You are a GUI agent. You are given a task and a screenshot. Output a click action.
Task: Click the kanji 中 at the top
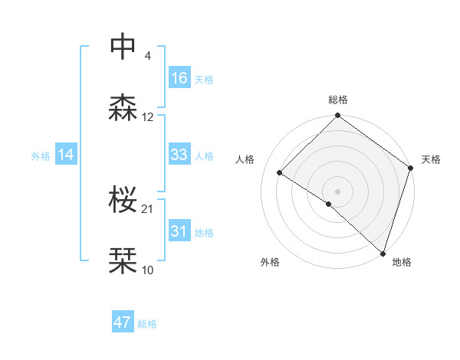[123, 47]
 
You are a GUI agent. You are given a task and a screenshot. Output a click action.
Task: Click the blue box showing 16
[179, 78]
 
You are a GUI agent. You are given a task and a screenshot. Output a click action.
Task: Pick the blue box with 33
[179, 155]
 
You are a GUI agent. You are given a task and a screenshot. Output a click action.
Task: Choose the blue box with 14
[66, 155]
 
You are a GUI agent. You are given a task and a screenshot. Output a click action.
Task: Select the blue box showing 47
[123, 322]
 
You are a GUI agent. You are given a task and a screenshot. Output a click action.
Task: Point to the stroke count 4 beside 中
[147, 55]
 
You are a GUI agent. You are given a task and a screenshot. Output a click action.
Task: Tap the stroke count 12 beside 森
[148, 117]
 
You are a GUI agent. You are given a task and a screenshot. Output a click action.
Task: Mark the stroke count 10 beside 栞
[148, 270]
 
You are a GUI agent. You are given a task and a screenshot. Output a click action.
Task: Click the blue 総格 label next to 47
[147, 324]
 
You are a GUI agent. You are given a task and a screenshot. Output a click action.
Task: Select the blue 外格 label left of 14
[41, 155]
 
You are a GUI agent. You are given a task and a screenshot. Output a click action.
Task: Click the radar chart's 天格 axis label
[431, 159]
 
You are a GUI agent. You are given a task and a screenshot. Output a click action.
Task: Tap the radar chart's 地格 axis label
[402, 262]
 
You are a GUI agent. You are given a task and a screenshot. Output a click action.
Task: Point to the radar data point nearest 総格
[337, 116]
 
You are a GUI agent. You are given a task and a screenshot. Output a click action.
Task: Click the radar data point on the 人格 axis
[281, 173]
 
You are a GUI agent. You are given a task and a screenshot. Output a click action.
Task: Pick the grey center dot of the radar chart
[337, 191]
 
